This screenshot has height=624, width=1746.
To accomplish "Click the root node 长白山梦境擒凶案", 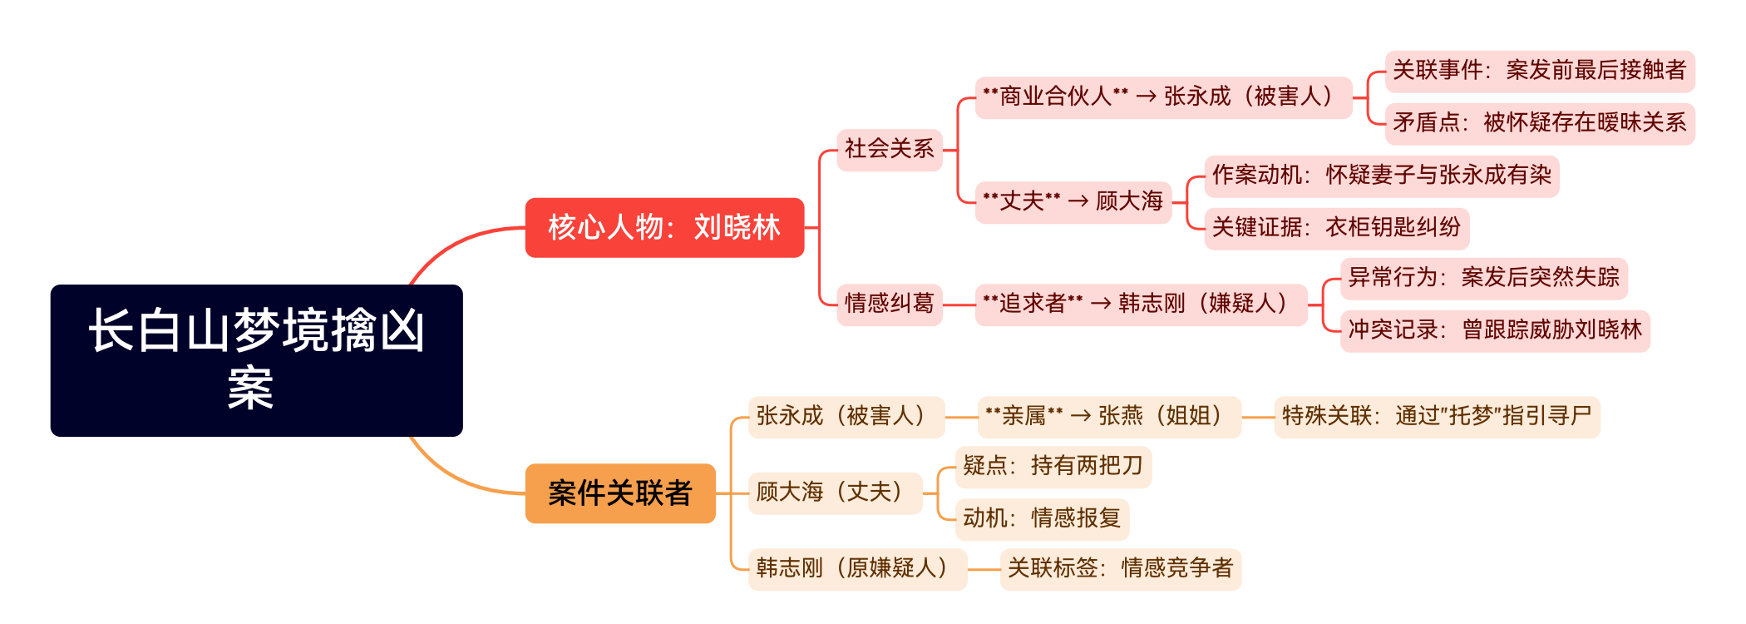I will point(256,360).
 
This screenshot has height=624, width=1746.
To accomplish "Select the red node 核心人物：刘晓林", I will point(664,227).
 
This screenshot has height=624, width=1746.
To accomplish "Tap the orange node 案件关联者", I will point(620,493).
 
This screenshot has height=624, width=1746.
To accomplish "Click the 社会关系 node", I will point(889,150).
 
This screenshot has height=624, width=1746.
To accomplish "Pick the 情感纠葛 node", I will point(889,304).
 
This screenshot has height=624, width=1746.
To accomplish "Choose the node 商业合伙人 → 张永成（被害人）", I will point(1162,97).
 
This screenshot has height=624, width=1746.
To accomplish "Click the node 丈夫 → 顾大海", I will point(1073,202).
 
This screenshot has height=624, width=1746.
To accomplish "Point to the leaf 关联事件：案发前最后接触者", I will point(1539,71).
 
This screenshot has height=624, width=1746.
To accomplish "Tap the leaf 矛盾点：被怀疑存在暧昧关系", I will point(1539,123).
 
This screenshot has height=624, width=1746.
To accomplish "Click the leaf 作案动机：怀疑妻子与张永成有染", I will point(1381,176).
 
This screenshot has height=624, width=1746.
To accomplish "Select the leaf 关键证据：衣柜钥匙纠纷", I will point(1336,228).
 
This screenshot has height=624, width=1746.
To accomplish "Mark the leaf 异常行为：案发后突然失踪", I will point(1483,278).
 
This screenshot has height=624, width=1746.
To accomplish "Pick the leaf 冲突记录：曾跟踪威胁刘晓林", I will point(1494,330).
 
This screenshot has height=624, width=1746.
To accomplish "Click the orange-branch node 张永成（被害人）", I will point(846,417).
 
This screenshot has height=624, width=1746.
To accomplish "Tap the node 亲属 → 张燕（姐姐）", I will point(1108,417).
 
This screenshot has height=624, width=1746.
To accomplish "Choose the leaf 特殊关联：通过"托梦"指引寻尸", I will point(1436,417).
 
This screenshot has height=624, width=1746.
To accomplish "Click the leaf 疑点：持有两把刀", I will point(1053,467).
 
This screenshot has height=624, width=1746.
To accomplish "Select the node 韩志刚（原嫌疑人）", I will point(856,569).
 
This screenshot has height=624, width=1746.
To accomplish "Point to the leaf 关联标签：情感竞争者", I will point(1119,569).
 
